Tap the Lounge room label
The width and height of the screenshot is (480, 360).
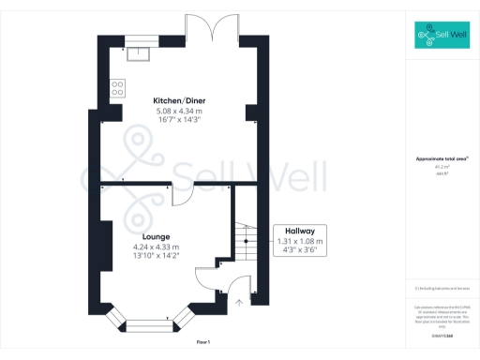[156, 236]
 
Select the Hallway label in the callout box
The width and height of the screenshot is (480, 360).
[299, 231]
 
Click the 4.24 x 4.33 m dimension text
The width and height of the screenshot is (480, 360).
[156, 247]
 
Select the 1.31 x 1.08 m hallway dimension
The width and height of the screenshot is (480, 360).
[299, 241]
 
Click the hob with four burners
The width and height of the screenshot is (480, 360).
[119, 88]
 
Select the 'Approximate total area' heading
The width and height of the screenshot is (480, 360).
[441, 159]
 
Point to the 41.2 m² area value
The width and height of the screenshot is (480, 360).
[441, 168]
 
